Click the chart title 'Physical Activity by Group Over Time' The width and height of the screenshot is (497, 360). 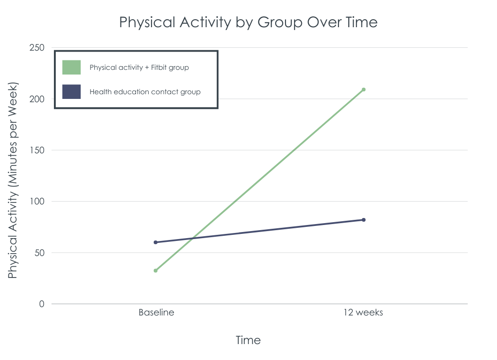pyautogui.click(x=248, y=22)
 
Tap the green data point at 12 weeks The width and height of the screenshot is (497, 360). pyautogui.click(x=363, y=90)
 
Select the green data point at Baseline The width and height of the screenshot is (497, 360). pyautogui.click(x=156, y=270)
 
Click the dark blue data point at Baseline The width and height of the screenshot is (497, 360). pyautogui.click(x=156, y=242)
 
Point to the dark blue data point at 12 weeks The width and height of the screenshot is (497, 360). pyautogui.click(x=363, y=220)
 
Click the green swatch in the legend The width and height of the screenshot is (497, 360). pyautogui.click(x=71, y=67)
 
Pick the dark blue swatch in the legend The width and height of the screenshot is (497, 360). pyautogui.click(x=71, y=91)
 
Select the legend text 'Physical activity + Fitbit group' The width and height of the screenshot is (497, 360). pyautogui.click(x=139, y=67)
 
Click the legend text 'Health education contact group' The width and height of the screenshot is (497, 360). pyautogui.click(x=145, y=92)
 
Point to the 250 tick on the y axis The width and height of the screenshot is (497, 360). pyautogui.click(x=37, y=47)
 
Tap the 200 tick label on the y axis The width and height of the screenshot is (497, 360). pyautogui.click(x=37, y=99)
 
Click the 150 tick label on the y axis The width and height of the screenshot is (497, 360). pyautogui.click(x=37, y=150)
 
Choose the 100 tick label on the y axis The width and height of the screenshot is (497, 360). pyautogui.click(x=37, y=201)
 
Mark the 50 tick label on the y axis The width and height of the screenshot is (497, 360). pyautogui.click(x=39, y=253)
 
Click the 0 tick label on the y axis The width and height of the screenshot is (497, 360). pyautogui.click(x=42, y=304)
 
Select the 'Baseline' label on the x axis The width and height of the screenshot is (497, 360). pyautogui.click(x=156, y=313)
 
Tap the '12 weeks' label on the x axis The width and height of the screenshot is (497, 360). pyautogui.click(x=363, y=313)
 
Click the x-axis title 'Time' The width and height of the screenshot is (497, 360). pyautogui.click(x=248, y=340)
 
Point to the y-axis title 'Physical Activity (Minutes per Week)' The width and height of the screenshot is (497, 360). pyautogui.click(x=13, y=180)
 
